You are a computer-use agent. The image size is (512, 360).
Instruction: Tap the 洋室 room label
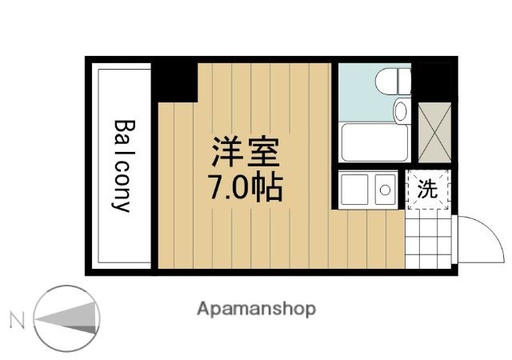pos(246,152)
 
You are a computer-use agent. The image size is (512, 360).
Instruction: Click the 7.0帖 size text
pos(246,187)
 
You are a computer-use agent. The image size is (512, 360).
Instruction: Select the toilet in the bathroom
pos(393,81)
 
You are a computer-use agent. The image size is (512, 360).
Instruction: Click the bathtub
pos(374,142)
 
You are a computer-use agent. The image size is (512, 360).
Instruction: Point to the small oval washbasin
pos(400,110)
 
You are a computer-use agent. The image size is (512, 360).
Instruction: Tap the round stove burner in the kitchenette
pos(386,190)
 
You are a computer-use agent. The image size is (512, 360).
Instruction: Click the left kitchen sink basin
pos(354,190)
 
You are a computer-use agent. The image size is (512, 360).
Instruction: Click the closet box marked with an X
pos(434,133)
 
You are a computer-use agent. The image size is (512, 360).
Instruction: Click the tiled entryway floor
pos(428,239)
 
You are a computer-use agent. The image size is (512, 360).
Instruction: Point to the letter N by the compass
pos(17,320)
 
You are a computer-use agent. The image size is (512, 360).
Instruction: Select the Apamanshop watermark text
pos(256,309)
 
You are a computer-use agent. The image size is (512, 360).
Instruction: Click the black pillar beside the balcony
pos(174,82)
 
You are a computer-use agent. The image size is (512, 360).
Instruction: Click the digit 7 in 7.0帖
pos(218,187)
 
